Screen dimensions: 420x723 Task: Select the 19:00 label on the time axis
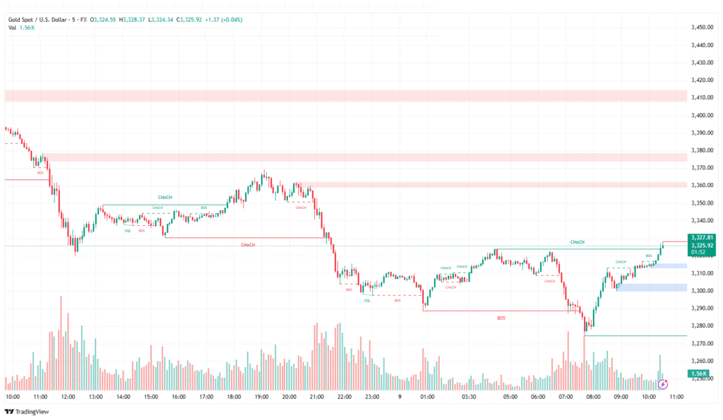[x=261, y=397]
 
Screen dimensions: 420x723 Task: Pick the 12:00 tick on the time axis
[x=68, y=397]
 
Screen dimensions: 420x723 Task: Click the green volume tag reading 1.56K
[x=700, y=373]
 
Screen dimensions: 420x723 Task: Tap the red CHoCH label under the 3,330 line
[x=248, y=245]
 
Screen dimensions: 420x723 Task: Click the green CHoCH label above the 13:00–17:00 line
[x=165, y=198]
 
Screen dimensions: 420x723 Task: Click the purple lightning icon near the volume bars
[x=663, y=384]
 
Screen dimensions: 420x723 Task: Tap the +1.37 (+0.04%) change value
[x=222, y=20]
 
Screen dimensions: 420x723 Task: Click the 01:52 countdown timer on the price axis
[x=698, y=251]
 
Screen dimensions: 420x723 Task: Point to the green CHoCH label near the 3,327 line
[x=577, y=242]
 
